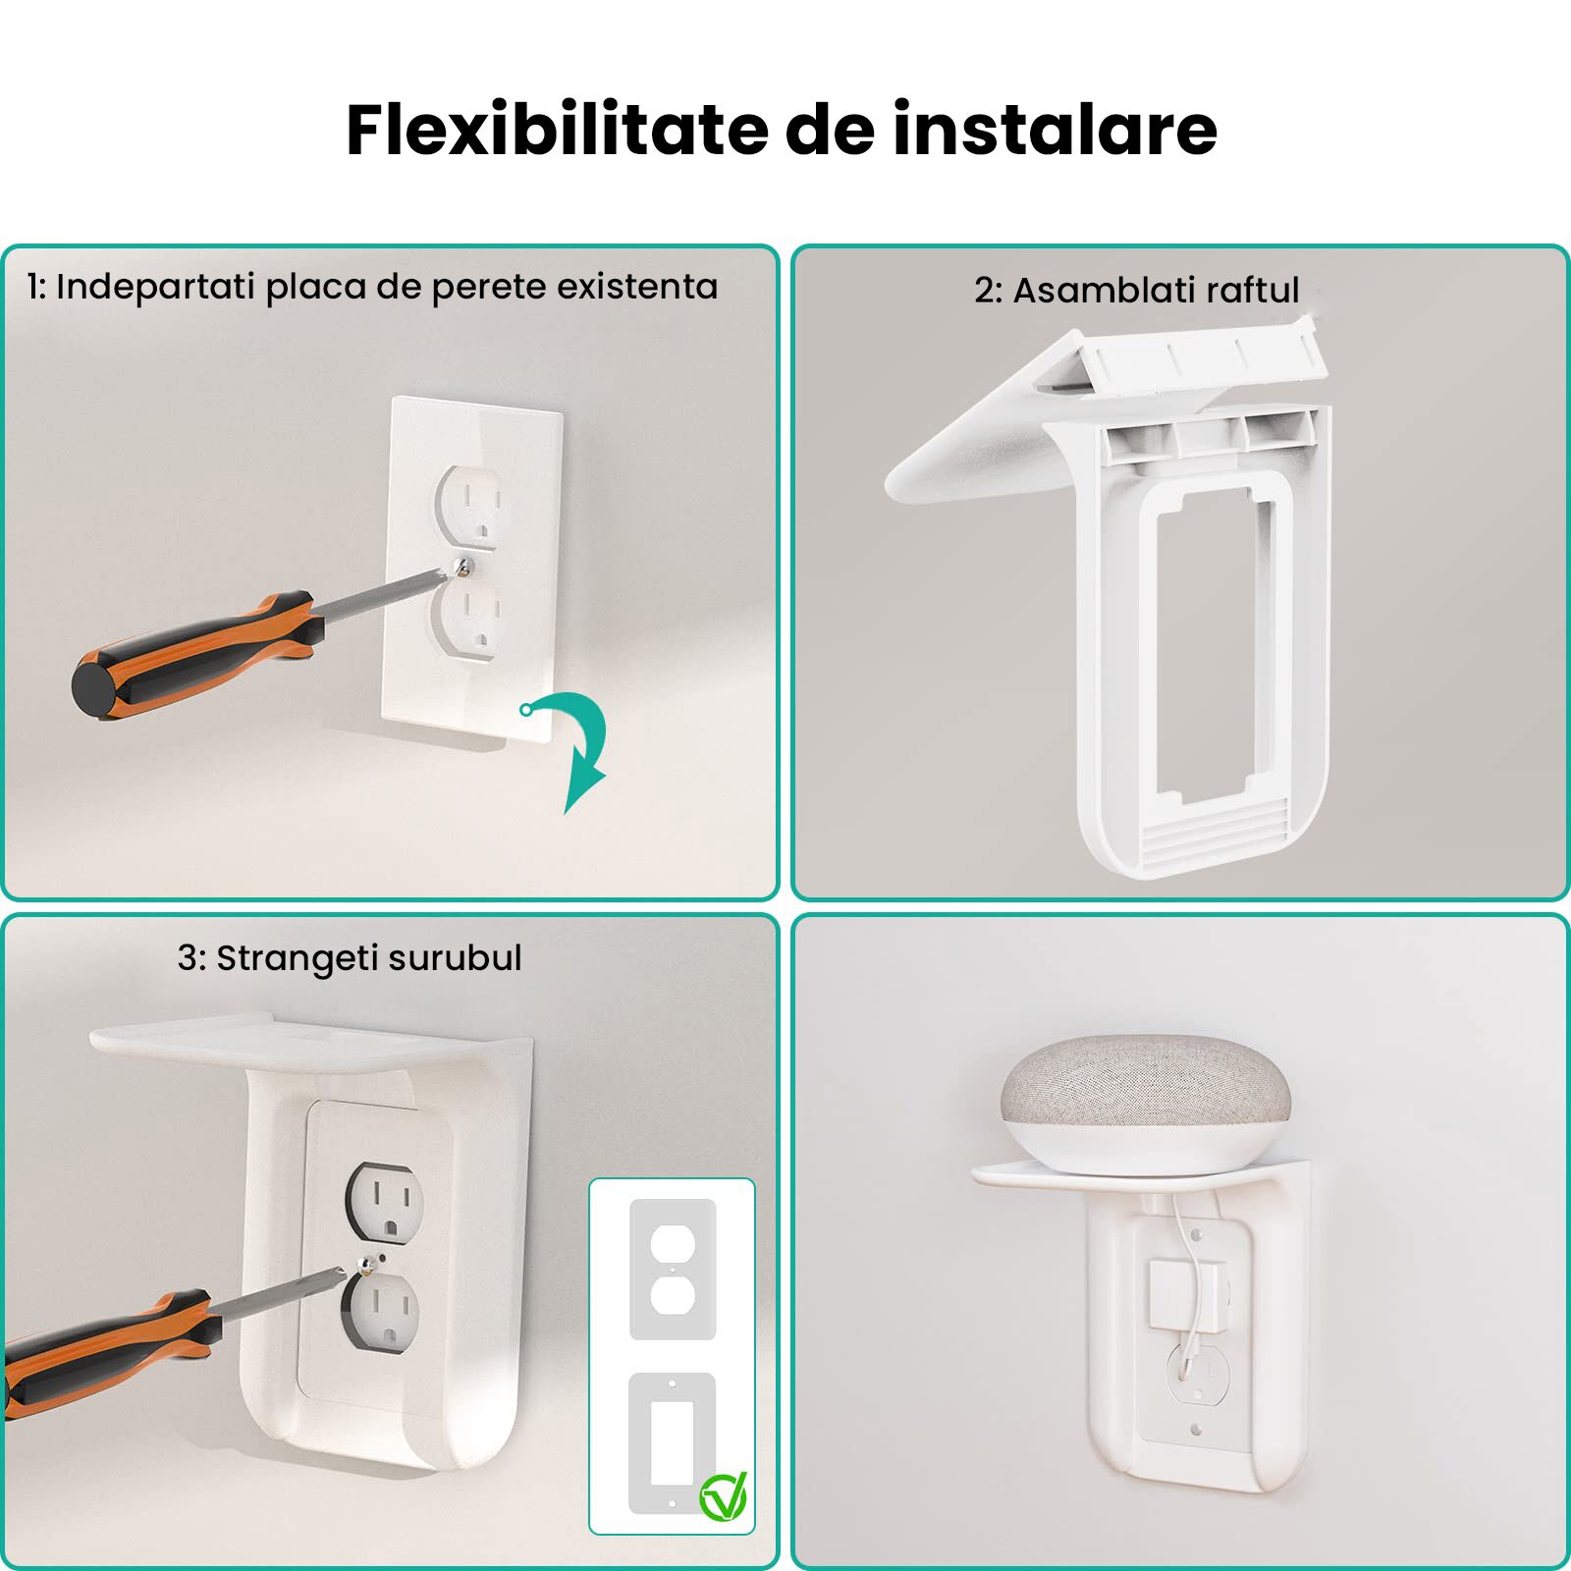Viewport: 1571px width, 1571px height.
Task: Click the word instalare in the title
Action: point(1055,131)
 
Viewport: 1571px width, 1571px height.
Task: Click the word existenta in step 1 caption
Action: point(637,287)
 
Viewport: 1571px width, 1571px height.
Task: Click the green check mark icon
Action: point(724,1496)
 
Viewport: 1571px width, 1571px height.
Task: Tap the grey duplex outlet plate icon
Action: point(673,1269)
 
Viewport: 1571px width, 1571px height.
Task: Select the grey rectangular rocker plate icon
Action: point(673,1442)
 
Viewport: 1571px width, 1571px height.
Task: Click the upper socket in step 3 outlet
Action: point(385,1203)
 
